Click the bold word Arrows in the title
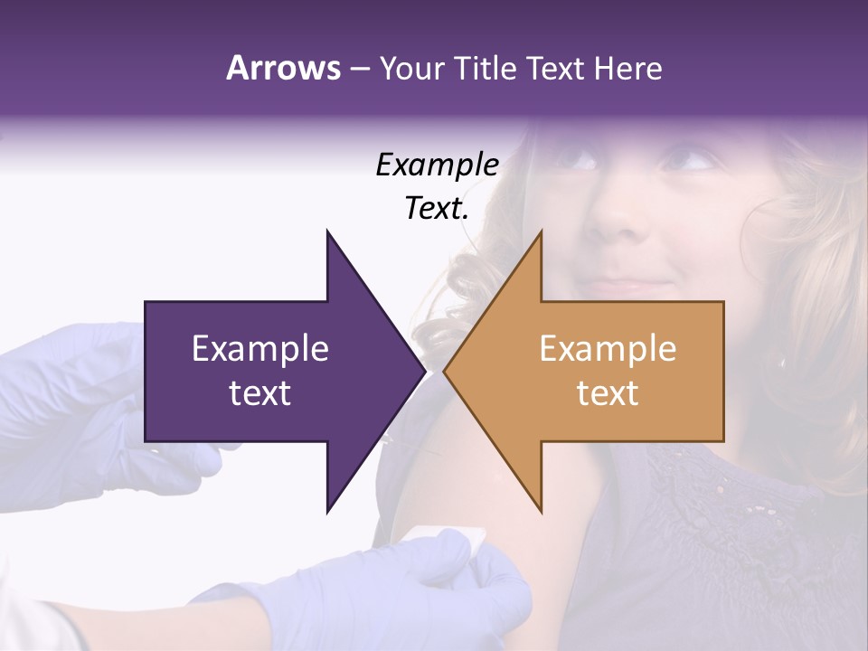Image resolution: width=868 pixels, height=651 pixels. point(283,68)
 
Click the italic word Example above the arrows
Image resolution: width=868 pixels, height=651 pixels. point(437,165)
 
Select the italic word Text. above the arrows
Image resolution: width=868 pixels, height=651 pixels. point(437,209)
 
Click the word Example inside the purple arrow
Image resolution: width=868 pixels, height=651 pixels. point(260,348)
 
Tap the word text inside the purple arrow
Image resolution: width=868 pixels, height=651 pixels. point(260,392)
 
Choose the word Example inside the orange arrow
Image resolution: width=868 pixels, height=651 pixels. point(608,348)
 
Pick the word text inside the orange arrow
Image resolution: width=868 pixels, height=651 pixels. point(608,392)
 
